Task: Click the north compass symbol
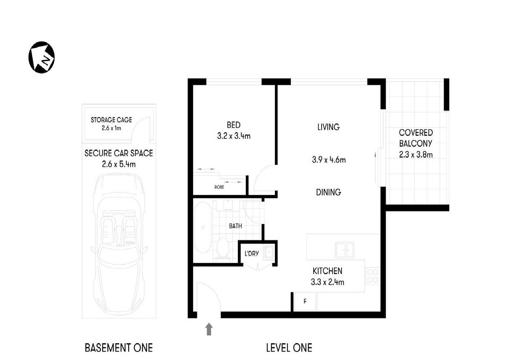tap(41, 58)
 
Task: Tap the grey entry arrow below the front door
tap(209, 329)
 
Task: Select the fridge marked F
tap(304, 302)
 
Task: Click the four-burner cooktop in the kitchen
tap(372, 276)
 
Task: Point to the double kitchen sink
tap(345, 249)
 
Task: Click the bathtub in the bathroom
tap(203, 227)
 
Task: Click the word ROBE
tap(219, 187)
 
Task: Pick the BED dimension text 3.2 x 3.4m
tap(234, 136)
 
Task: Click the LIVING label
tap(328, 127)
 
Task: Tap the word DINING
tap(328, 192)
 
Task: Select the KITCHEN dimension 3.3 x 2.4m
tap(327, 281)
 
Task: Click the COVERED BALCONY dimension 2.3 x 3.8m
tap(416, 155)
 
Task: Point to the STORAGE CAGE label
tap(111, 120)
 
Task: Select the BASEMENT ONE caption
tap(118, 348)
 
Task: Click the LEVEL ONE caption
tap(289, 348)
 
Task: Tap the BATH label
tap(235, 226)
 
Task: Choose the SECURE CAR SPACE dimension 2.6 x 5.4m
tap(118, 164)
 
